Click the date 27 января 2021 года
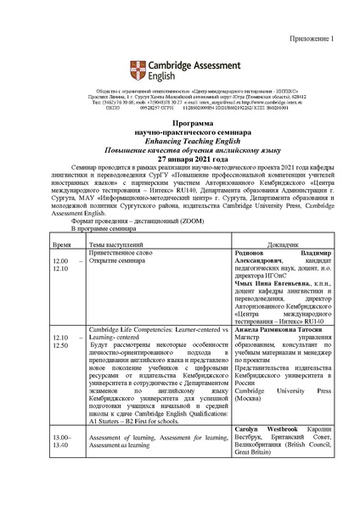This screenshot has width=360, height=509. [x=181, y=140]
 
